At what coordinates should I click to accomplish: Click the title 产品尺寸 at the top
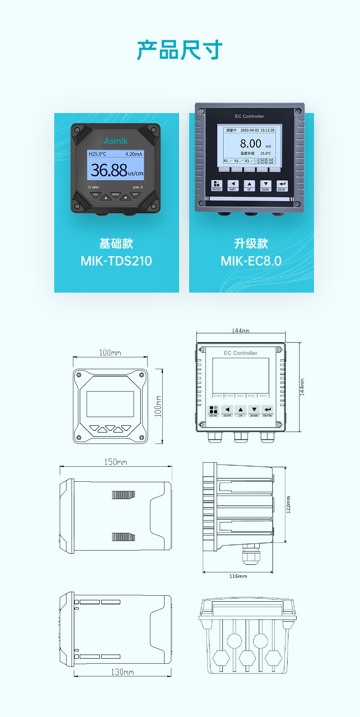(x=180, y=50)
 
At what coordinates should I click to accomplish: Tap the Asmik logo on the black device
(x=116, y=141)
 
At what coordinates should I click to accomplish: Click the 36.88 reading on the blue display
(x=109, y=170)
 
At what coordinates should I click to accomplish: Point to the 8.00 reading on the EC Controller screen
(x=251, y=144)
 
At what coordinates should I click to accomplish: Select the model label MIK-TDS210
(x=116, y=261)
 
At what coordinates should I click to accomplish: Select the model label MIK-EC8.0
(x=251, y=261)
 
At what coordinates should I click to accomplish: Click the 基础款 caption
(x=116, y=243)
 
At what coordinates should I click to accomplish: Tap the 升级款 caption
(x=251, y=243)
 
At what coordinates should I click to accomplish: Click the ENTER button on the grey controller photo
(x=282, y=186)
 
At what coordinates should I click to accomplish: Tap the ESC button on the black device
(x=96, y=195)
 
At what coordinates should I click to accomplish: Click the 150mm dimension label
(x=115, y=462)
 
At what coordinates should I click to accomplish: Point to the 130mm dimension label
(x=123, y=672)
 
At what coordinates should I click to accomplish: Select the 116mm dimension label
(x=238, y=576)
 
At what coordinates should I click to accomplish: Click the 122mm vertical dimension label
(x=288, y=505)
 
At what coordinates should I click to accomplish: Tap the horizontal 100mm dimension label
(x=110, y=352)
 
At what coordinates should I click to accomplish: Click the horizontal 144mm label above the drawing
(x=240, y=330)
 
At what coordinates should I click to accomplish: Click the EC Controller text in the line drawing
(x=240, y=353)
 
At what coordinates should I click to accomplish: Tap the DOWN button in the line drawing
(x=254, y=411)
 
